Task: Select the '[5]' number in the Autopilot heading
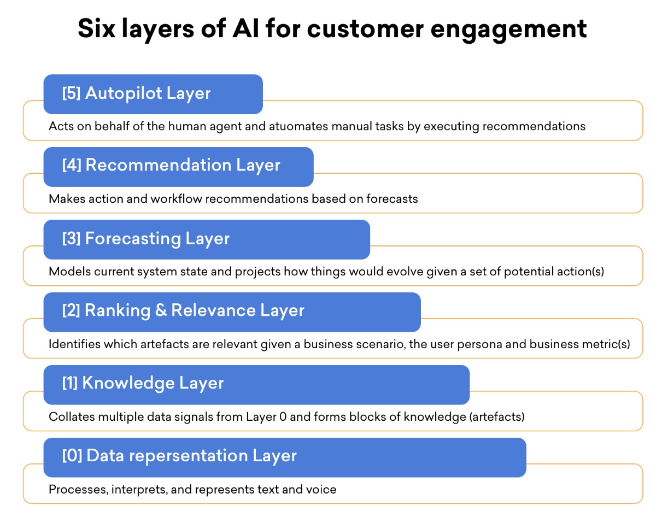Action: [x=71, y=93]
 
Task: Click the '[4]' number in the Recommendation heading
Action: [x=72, y=165]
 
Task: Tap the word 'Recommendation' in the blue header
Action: [x=158, y=165]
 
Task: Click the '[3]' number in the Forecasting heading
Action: [x=71, y=238]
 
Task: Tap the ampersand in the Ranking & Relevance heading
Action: [x=161, y=310]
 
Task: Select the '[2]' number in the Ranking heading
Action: [x=71, y=310]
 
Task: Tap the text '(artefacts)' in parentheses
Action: [x=496, y=417]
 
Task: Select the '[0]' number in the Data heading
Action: [x=72, y=456]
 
